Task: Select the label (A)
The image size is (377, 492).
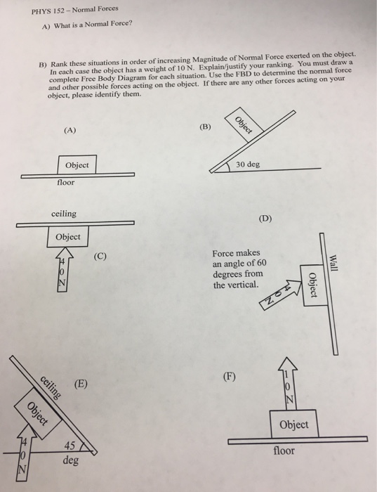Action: click(70, 131)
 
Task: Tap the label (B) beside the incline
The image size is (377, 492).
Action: click(204, 127)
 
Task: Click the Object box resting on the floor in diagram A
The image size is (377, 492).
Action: click(77, 165)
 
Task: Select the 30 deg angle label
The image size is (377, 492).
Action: click(247, 164)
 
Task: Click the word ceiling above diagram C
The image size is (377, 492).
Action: click(64, 213)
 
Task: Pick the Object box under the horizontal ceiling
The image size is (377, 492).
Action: click(67, 237)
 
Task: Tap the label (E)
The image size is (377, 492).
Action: click(83, 384)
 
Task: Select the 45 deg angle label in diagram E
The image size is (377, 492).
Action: click(70, 454)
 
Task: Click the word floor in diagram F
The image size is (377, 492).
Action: click(285, 450)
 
